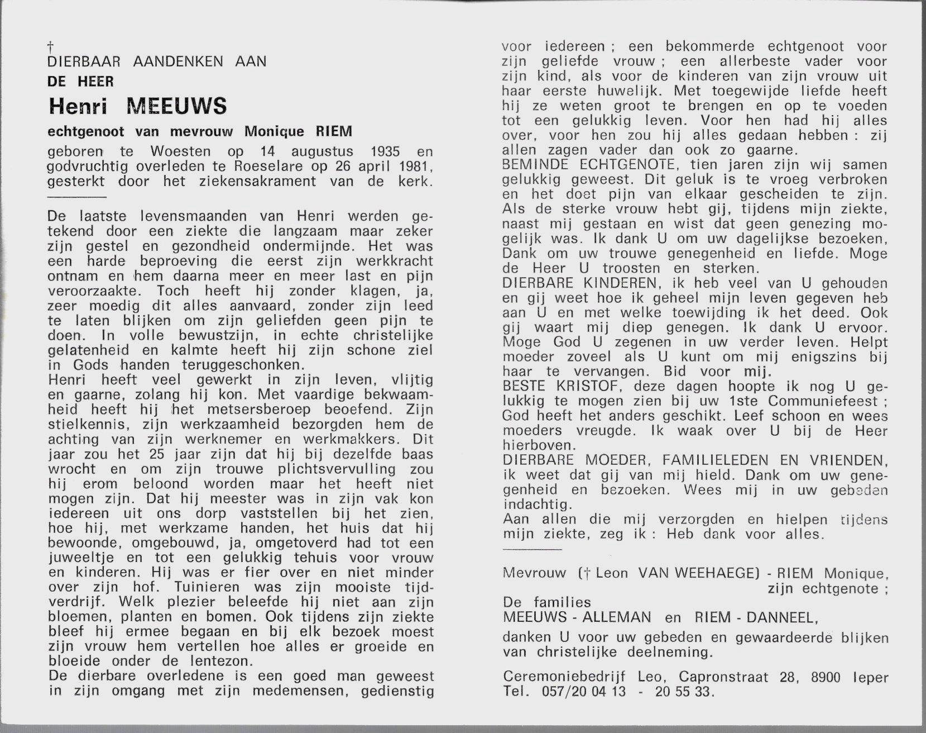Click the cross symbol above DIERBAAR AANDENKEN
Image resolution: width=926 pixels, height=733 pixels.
[x=51, y=46]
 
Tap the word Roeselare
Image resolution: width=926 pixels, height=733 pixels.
[x=252, y=166]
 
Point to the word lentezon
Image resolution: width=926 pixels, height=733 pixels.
[x=219, y=661]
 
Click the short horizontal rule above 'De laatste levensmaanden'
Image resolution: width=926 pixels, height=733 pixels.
[x=77, y=197]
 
